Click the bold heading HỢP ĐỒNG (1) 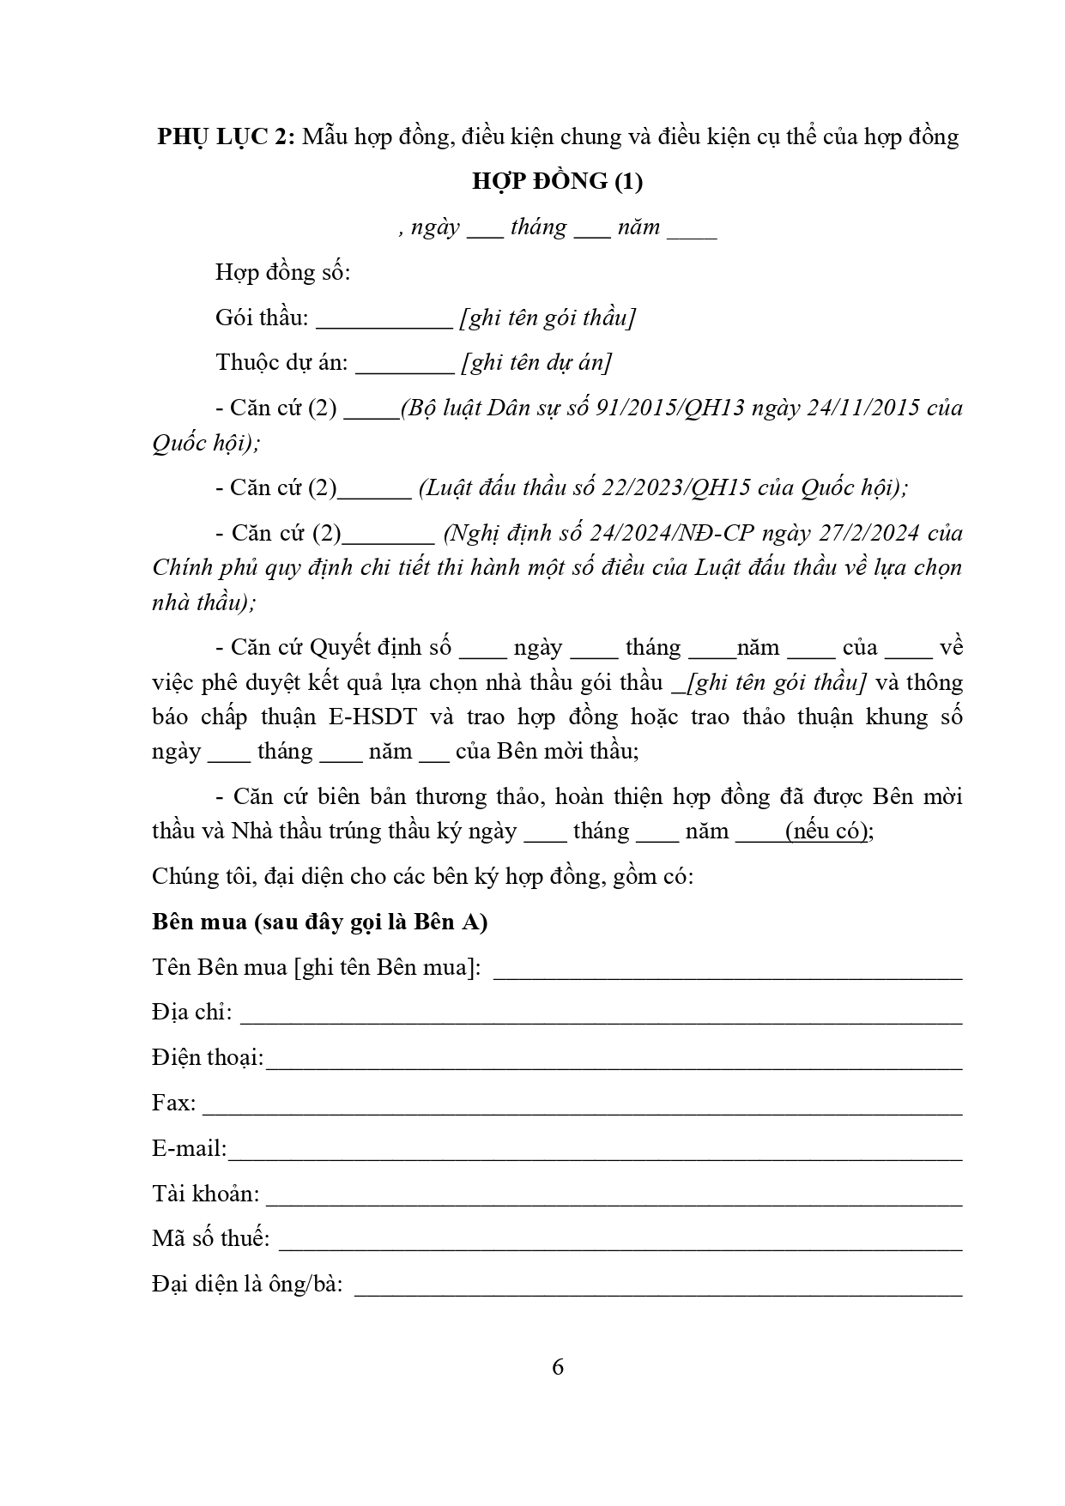coord(557,181)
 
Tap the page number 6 coord(558,1367)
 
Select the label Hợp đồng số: coord(283,272)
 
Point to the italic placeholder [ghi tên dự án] coord(536,362)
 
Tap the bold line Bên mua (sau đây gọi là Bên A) coord(320,922)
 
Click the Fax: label coord(173,1103)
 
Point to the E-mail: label coord(190,1148)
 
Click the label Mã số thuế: coord(211,1238)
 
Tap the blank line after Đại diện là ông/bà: coord(657,1291)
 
